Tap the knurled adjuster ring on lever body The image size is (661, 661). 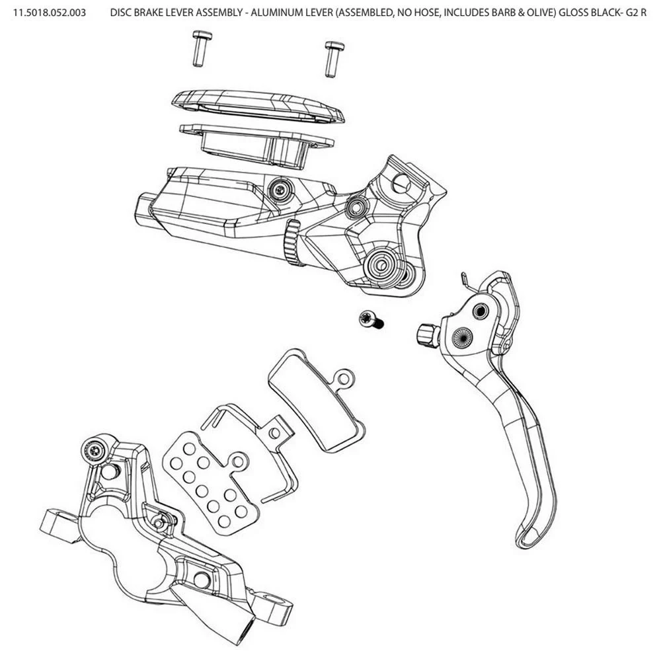(291, 243)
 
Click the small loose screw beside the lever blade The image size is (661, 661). (369, 321)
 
